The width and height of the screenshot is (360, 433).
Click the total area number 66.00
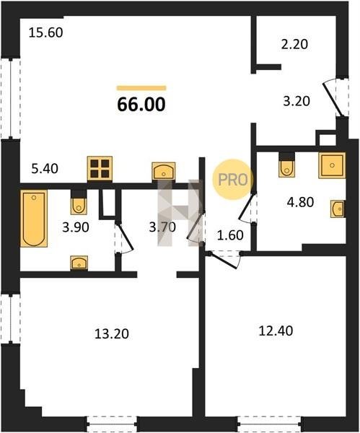(x=141, y=105)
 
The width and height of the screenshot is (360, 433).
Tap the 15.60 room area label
(x=46, y=33)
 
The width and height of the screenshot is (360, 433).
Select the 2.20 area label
(x=294, y=45)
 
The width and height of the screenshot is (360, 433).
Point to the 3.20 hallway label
(x=297, y=101)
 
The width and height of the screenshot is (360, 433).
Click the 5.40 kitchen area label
(x=45, y=169)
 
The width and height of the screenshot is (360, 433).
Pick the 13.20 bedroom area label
(x=112, y=334)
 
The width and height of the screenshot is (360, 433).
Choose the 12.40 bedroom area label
(x=276, y=331)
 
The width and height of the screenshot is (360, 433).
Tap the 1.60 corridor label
(x=230, y=235)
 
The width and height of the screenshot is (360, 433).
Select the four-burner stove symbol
(x=100, y=169)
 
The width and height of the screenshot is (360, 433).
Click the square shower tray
(x=332, y=165)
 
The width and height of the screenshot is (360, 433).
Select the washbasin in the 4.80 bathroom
(x=338, y=209)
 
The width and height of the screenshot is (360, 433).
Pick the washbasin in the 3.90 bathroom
(x=79, y=263)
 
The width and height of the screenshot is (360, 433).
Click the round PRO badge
(x=232, y=180)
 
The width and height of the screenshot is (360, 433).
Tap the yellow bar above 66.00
(x=141, y=88)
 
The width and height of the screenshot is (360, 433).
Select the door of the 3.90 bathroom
(x=126, y=237)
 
